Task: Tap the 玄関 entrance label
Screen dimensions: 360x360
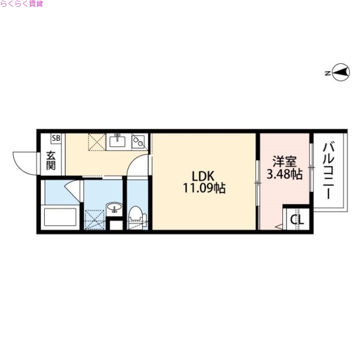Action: [51, 160]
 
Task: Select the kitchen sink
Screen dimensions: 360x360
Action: [118, 142]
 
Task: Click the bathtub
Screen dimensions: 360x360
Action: [62, 217]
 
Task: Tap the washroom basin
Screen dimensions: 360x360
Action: [114, 208]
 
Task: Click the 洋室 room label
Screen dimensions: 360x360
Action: [284, 161]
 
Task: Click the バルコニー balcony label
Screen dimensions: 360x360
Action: [329, 170]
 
